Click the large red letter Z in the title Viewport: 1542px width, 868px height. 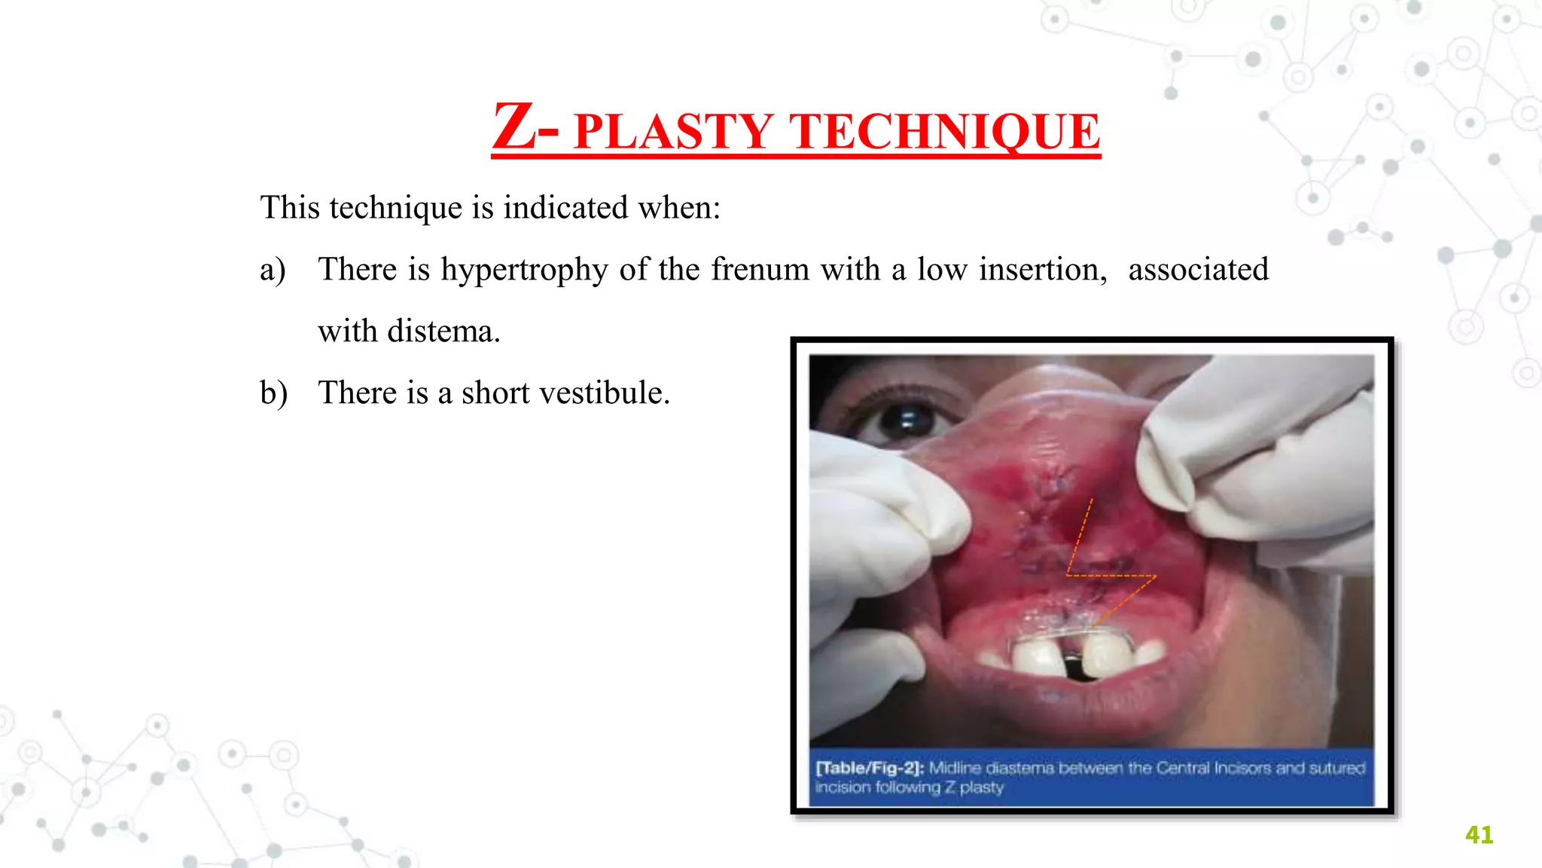[x=515, y=127]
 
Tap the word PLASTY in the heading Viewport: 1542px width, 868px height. [x=673, y=132]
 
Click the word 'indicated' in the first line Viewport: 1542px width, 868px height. [x=565, y=207]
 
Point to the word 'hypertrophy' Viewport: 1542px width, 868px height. [x=524, y=270]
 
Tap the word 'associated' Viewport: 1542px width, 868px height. [x=1198, y=269]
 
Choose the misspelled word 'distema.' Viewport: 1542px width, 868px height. [x=443, y=331]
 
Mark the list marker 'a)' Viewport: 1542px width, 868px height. [x=273, y=270]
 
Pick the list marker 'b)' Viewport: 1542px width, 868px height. [x=273, y=393]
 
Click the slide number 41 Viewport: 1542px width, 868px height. [x=1479, y=835]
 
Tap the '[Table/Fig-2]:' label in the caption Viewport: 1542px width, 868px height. [x=870, y=768]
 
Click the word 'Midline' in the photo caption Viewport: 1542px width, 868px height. [x=955, y=768]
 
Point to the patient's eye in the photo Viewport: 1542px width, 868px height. [x=907, y=418]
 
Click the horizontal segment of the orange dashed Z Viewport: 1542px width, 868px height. [x=1111, y=576]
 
